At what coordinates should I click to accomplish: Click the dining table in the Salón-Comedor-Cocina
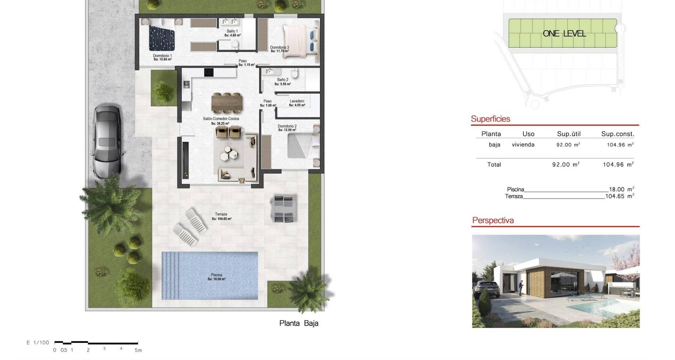tap(227, 102)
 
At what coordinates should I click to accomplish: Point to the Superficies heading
tap(490, 119)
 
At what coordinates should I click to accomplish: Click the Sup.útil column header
tap(569, 134)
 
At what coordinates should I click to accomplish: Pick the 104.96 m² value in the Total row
tap(618, 164)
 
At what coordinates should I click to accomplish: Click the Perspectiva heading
tap(493, 220)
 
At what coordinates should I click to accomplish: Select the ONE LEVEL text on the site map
tap(564, 34)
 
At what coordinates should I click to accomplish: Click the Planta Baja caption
tap(299, 323)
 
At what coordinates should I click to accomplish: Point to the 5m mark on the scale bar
tap(138, 350)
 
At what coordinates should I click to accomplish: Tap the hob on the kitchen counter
tap(209, 72)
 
